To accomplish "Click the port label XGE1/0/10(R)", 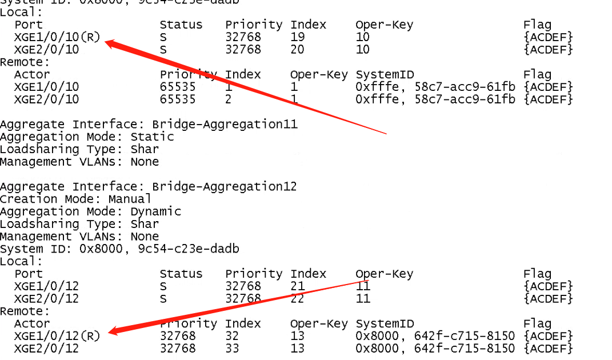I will (57, 37).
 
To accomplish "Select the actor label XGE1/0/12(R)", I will (57, 336).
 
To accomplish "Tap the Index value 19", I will (298, 37).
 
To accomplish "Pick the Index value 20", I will (298, 50).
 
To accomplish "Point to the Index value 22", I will (298, 298).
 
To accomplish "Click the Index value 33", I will (232, 349).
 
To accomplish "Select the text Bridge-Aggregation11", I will (225, 124).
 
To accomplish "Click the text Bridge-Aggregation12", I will (225, 186).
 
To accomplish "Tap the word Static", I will (152, 137).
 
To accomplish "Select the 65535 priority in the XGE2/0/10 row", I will (178, 99).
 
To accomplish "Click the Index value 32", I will (232, 336).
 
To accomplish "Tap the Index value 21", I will (298, 286).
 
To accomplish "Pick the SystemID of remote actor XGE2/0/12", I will (435, 349).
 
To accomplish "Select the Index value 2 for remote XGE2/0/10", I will (229, 99).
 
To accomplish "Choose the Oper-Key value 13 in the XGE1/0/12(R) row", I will (298, 336).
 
